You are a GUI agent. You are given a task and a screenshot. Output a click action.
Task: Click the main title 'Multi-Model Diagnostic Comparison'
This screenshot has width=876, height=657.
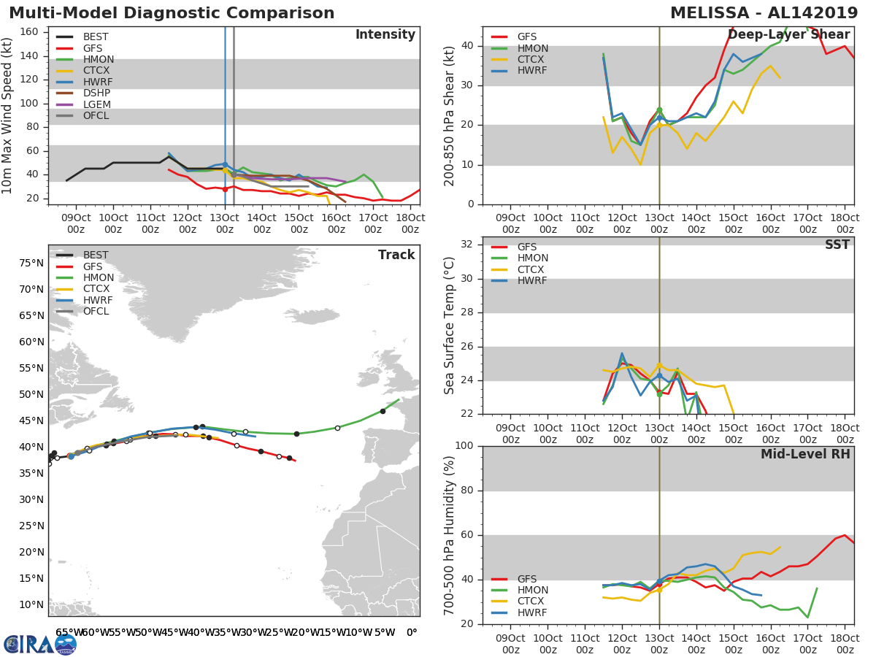pyautogui.click(x=172, y=13)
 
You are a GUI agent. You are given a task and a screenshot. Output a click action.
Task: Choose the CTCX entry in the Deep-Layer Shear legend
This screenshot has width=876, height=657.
pyautogui.click(x=532, y=60)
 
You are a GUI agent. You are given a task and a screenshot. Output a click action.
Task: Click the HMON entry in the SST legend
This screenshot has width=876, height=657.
pyautogui.click(x=532, y=258)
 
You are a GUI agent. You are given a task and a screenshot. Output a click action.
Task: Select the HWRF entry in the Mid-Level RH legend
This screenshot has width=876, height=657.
pyautogui.click(x=532, y=612)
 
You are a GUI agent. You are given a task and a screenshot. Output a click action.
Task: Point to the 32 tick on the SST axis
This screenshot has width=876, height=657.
pyautogui.click(x=466, y=245)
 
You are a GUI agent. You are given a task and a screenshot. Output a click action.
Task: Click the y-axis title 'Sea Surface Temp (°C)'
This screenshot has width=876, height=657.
pyautogui.click(x=450, y=325)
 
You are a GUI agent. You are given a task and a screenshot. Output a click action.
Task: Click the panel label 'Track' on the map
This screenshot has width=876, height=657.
pyautogui.click(x=396, y=255)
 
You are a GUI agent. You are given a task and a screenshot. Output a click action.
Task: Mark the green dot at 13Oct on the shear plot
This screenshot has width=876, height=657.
pyautogui.click(x=659, y=110)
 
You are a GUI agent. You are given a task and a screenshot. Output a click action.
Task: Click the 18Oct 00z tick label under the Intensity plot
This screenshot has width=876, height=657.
pyautogui.click(x=410, y=224)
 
